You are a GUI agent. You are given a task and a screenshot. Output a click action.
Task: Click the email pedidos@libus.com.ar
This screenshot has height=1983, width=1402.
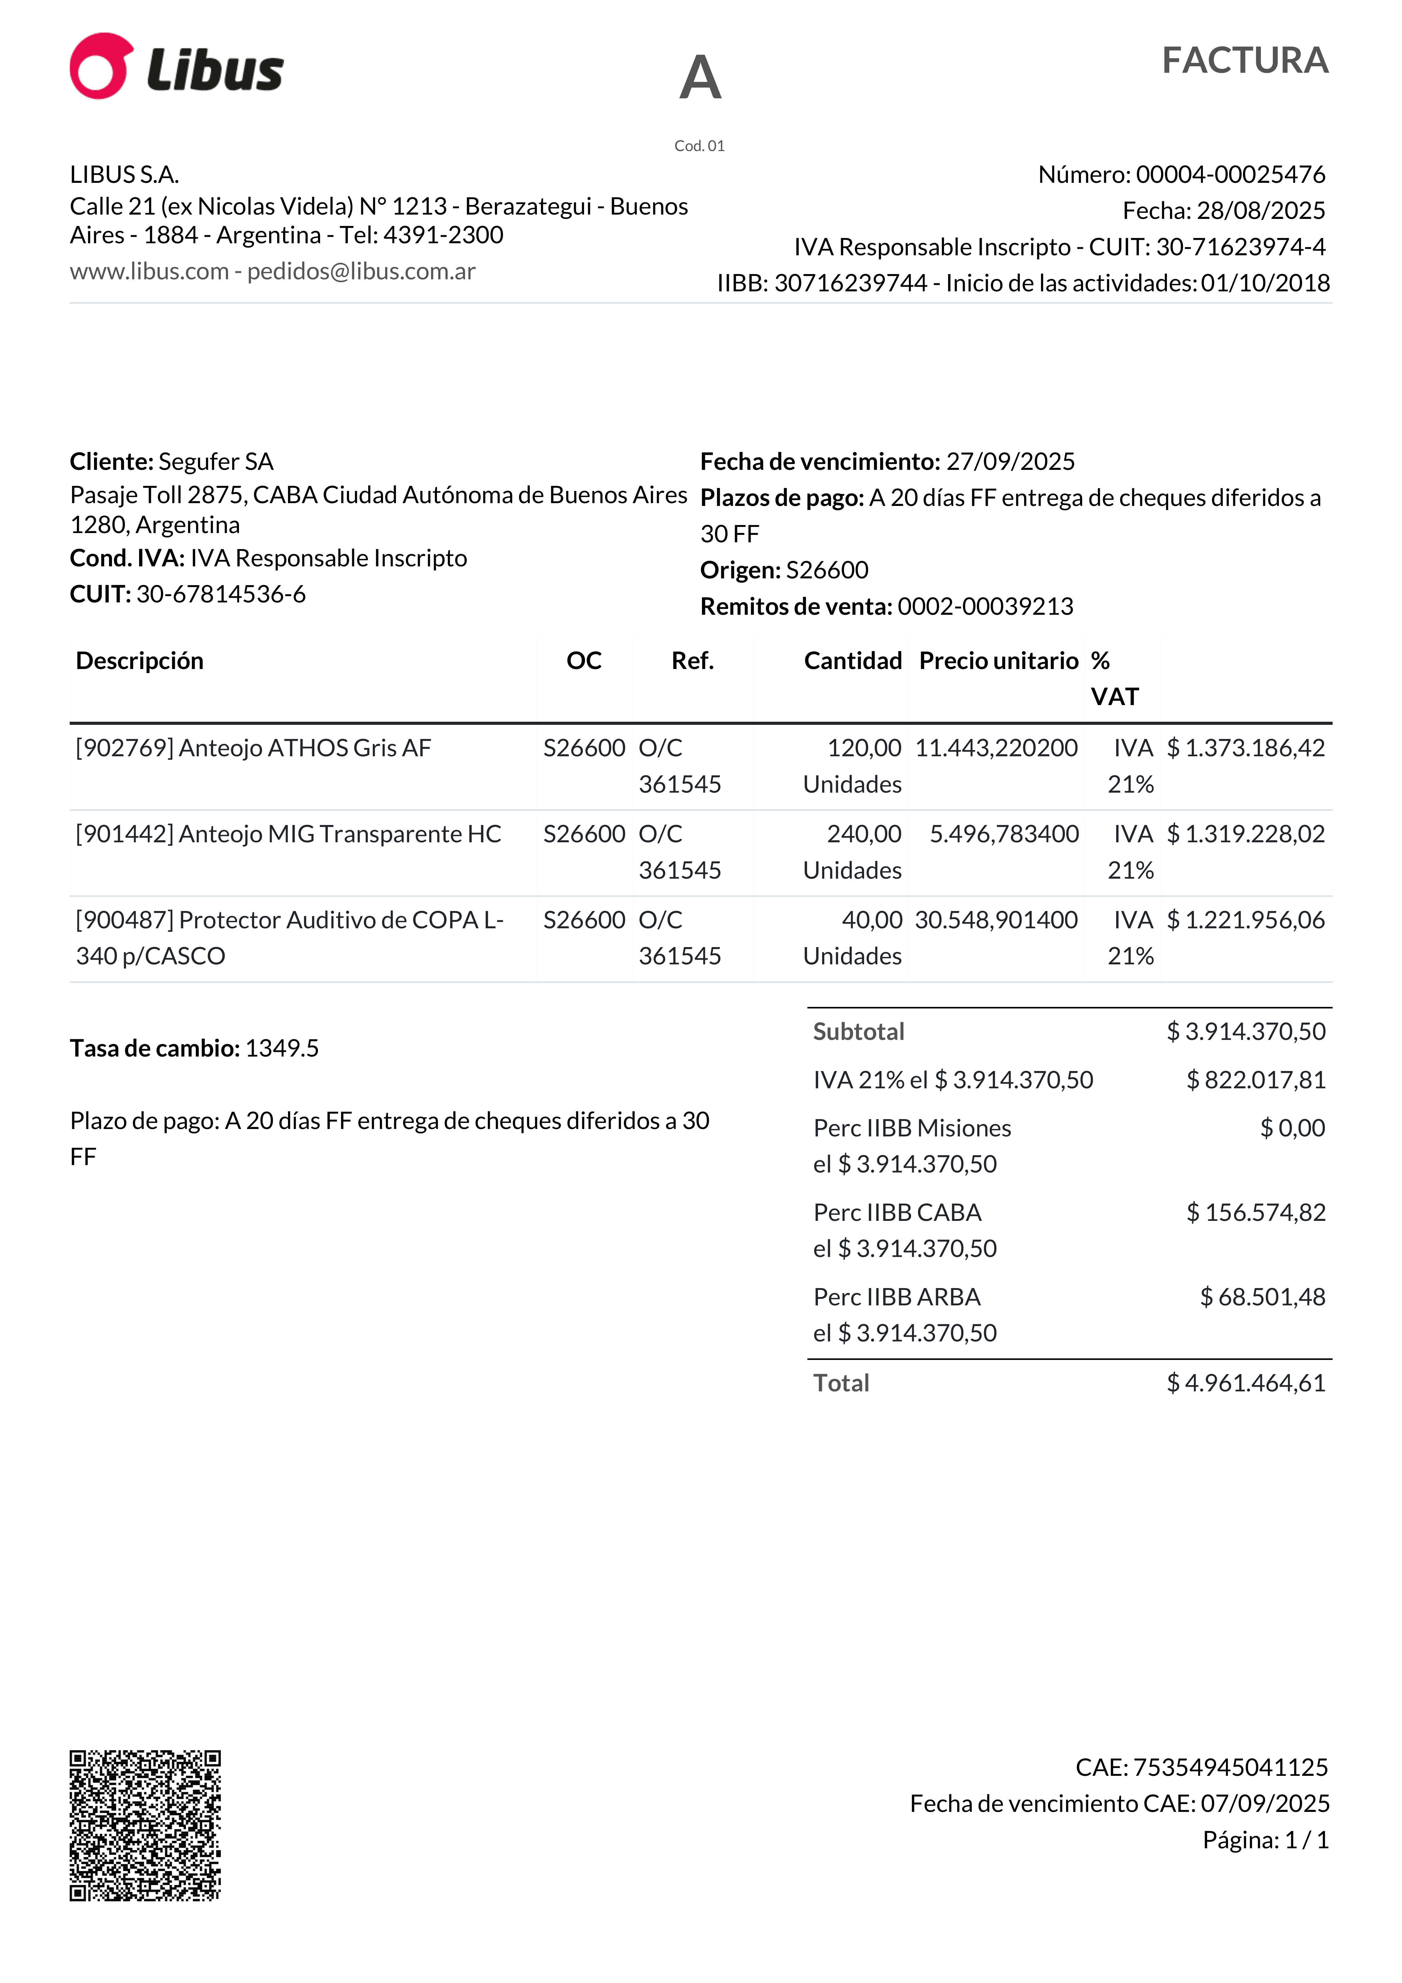(x=361, y=271)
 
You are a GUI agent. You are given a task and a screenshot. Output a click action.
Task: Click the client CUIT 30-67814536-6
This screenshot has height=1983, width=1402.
(x=221, y=594)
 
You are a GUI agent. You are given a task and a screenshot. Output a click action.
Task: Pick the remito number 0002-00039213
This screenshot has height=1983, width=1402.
(x=986, y=606)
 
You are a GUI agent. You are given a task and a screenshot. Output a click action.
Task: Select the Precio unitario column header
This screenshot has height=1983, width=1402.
(x=999, y=661)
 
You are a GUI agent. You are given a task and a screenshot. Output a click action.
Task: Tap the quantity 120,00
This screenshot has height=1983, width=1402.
(x=864, y=748)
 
